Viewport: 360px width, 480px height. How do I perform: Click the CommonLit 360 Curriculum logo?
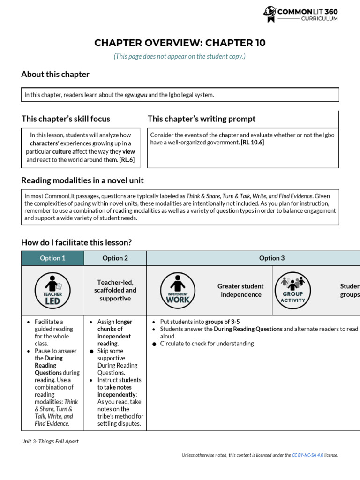pos(300,14)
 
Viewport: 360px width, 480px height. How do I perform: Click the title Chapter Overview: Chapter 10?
pos(180,43)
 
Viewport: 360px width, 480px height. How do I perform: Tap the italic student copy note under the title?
pos(180,56)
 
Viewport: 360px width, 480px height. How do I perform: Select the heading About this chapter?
pos(55,74)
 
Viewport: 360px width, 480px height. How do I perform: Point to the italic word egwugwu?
pos(135,95)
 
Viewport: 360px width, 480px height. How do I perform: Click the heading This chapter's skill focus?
pos(66,119)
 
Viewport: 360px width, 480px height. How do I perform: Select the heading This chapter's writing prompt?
pos(202,119)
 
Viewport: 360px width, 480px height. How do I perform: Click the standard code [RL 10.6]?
pos(253,142)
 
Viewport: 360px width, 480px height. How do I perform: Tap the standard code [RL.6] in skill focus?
pos(127,160)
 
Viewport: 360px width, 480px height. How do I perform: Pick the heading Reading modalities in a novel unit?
pos(82,180)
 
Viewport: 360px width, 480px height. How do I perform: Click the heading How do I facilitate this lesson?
pos(76,242)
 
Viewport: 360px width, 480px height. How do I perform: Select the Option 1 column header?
pos(52,258)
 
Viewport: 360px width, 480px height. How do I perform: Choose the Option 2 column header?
pos(115,258)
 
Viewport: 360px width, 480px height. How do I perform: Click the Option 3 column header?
pos(272,258)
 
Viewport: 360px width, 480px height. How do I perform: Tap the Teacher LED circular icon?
pos(52,291)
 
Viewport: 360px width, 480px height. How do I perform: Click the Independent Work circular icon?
pos(178,291)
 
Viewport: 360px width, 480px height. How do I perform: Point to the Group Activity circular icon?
pos(293,291)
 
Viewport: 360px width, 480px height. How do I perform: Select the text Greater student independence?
pos(240,290)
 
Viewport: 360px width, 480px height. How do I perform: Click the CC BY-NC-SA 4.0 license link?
pos(307,455)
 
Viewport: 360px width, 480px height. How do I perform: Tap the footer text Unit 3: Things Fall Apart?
pos(50,441)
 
